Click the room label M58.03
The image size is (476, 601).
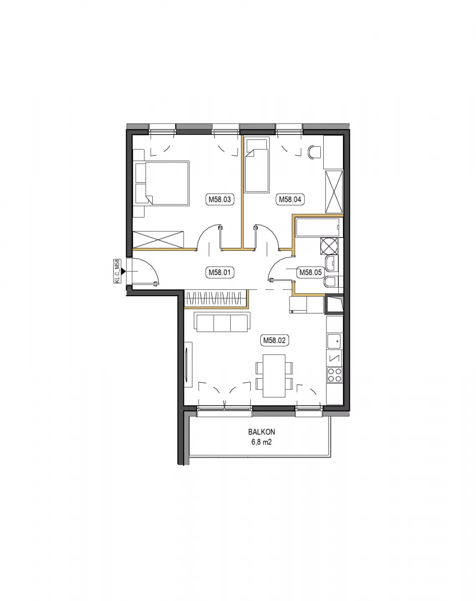pyautogui.click(x=220, y=199)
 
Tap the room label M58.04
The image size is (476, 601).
pyautogui.click(x=290, y=199)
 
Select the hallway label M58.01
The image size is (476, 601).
pyautogui.click(x=220, y=272)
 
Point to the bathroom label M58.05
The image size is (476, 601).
pyautogui.click(x=310, y=272)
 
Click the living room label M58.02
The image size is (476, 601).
pyautogui.click(x=275, y=341)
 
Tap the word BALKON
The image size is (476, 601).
pyautogui.click(x=262, y=432)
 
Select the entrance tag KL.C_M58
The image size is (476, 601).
pyautogui.click(x=117, y=271)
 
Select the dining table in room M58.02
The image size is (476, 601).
pyautogui.click(x=274, y=376)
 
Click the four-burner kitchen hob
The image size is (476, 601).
pyautogui.click(x=335, y=375)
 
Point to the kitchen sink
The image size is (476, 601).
pyautogui.click(x=335, y=341)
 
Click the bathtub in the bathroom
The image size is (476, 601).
pyautogui.click(x=318, y=227)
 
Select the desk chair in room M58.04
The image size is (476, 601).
pyautogui.click(x=315, y=152)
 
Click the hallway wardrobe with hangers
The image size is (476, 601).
pyautogui.click(x=216, y=298)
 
